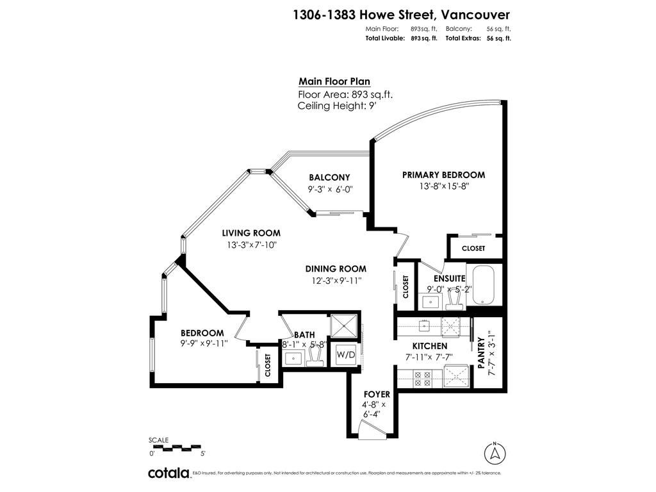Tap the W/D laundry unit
pyautogui.click(x=346, y=354)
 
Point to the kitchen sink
pyautogui.click(x=424, y=326)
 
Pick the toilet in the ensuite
pyautogui.click(x=455, y=297)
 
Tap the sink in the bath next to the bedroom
pyautogui.click(x=295, y=357)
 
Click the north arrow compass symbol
pyautogui.click(x=495, y=452)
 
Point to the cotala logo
pyautogui.click(x=168, y=473)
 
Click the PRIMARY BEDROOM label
pyautogui.click(x=443, y=175)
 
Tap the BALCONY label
pyautogui.click(x=329, y=177)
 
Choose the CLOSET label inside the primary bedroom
pyautogui.click(x=473, y=248)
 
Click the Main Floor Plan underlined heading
pyautogui.click(x=334, y=81)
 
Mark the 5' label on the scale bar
pyautogui.click(x=202, y=454)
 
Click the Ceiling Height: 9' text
pyautogui.click(x=336, y=106)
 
